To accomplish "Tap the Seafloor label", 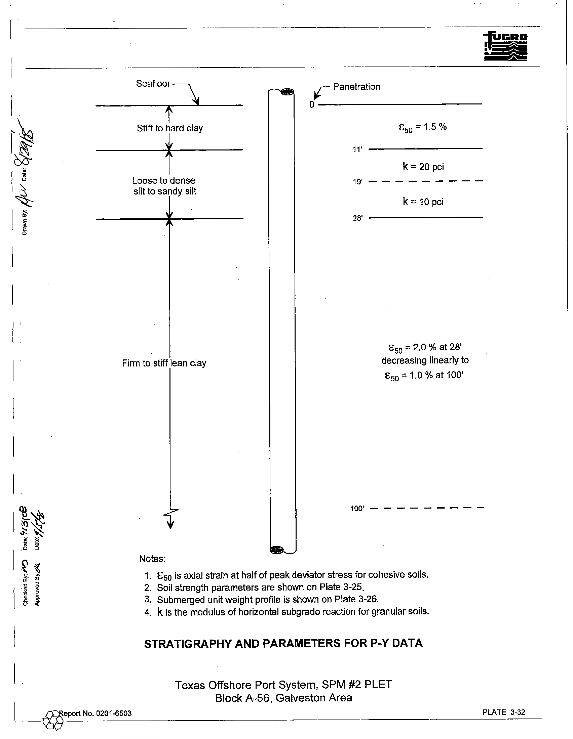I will (153, 84).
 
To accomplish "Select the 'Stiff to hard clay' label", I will (170, 128).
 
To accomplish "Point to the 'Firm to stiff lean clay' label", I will (164, 363).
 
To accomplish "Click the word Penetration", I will (356, 87).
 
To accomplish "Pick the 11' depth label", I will (357, 149).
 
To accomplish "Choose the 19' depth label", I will (357, 182).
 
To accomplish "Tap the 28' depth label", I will (357, 218).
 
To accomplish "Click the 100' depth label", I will (357, 508).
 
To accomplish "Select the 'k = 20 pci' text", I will (423, 167).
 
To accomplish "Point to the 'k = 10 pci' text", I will (423, 202).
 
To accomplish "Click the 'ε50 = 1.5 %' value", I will (423, 127).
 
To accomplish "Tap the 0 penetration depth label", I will (312, 104).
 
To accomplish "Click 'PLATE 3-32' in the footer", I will (504, 712).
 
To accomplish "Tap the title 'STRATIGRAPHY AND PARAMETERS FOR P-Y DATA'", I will (283, 643).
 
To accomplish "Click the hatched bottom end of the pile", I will (277, 550).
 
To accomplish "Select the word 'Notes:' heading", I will (152, 559).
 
